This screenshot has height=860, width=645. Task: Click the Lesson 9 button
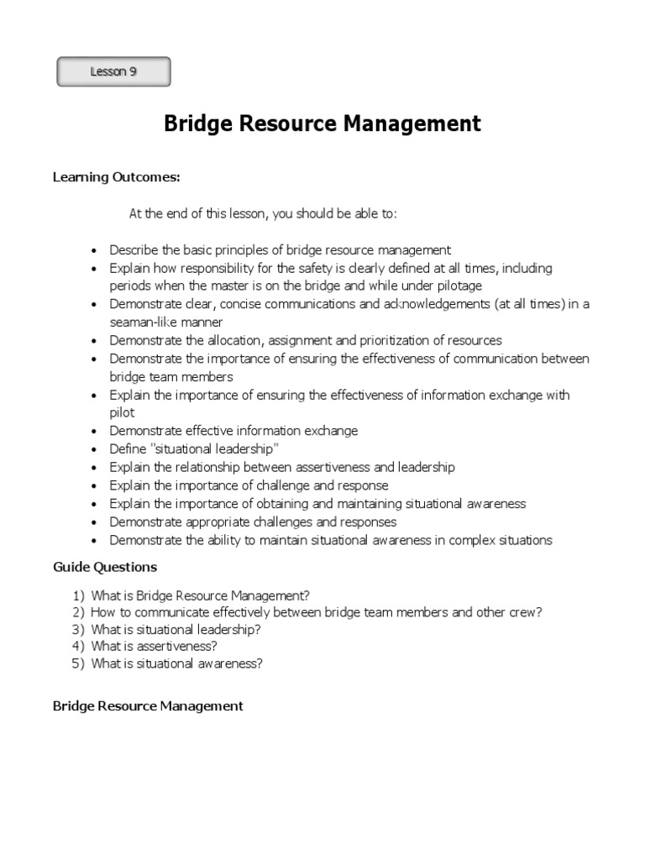pyautogui.click(x=113, y=72)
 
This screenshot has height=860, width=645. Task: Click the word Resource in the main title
pyautogui.click(x=280, y=124)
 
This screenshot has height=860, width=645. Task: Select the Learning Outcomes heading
pyautogui.click(x=117, y=176)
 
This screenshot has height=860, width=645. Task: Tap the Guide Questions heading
pyautogui.click(x=105, y=567)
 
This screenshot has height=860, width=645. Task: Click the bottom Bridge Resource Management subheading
pyautogui.click(x=148, y=706)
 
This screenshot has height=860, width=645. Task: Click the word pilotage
pyautogui.click(x=455, y=286)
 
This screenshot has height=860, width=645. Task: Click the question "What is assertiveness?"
pyautogui.click(x=155, y=646)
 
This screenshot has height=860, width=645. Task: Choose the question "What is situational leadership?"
pyautogui.click(x=176, y=629)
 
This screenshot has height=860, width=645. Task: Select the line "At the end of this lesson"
pyautogui.click(x=262, y=213)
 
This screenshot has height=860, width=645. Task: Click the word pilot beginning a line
pyautogui.click(x=122, y=413)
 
